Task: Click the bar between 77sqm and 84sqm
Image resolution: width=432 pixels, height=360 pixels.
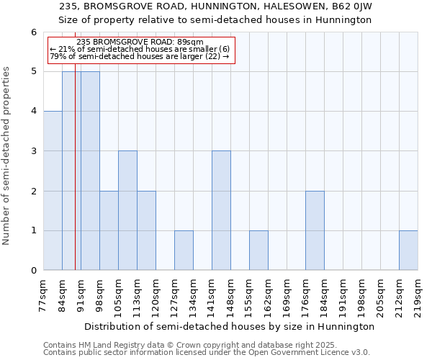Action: [x=53, y=191]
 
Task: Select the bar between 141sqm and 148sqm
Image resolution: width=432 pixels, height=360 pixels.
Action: [x=221, y=210]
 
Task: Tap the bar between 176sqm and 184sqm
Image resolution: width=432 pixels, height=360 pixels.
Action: [x=315, y=230]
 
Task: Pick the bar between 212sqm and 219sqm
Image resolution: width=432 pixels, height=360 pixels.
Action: [x=408, y=251]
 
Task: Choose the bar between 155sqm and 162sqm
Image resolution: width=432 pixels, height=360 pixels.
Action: [x=258, y=251]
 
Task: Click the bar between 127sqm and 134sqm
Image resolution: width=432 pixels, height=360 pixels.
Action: [x=184, y=251]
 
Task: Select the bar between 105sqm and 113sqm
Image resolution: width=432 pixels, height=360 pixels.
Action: [x=127, y=210]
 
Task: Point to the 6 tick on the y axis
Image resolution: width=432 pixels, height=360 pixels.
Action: [x=33, y=32]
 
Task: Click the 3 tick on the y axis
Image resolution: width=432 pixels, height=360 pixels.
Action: [x=33, y=151]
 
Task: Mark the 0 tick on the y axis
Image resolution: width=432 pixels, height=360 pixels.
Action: [x=33, y=271]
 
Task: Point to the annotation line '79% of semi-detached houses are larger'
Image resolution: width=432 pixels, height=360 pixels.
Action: [x=140, y=56]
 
